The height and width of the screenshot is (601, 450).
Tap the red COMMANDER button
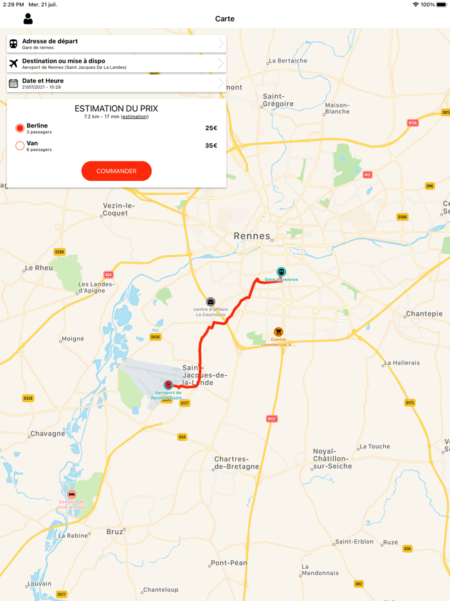pyautogui.click(x=116, y=171)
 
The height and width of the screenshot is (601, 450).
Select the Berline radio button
pyautogui.click(x=20, y=128)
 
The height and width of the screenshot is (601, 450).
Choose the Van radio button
pyautogui.click(x=20, y=146)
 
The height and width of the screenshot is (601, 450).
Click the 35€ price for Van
pyautogui.click(x=211, y=146)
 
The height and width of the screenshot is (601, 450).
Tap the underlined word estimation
pyautogui.click(x=134, y=116)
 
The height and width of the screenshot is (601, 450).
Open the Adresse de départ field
pyautogui.click(x=116, y=44)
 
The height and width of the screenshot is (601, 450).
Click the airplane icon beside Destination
pyautogui.click(x=14, y=64)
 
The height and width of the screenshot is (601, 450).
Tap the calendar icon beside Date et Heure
pyautogui.click(x=14, y=83)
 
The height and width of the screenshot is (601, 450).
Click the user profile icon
pyautogui.click(x=28, y=19)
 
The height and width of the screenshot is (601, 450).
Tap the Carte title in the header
pyautogui.click(x=225, y=19)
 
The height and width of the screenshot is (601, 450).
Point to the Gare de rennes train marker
pyautogui.click(x=281, y=272)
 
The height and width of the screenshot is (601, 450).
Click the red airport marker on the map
pyautogui.click(x=168, y=385)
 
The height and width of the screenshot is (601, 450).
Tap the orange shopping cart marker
pyautogui.click(x=278, y=332)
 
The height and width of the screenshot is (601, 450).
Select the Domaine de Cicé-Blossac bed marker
pyautogui.click(x=71, y=494)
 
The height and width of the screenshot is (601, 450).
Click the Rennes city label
pyautogui.click(x=252, y=236)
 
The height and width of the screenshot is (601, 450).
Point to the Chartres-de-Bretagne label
pyautogui.click(x=237, y=463)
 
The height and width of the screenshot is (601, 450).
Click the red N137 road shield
pyautogui.click(x=272, y=419)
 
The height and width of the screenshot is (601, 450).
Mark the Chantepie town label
pyautogui.click(x=424, y=314)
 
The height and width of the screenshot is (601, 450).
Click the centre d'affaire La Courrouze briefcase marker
pyautogui.click(x=210, y=302)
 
